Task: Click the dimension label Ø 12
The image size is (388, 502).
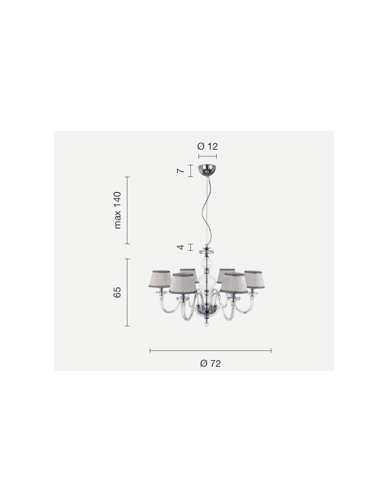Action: click(207, 147)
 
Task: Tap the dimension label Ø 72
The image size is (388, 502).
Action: click(210, 364)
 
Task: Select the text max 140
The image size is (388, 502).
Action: click(118, 210)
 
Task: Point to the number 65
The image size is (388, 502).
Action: click(117, 292)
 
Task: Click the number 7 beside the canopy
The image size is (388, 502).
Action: click(181, 171)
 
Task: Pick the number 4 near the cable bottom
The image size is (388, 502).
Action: click(181, 247)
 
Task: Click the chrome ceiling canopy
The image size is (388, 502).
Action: click(208, 169)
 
